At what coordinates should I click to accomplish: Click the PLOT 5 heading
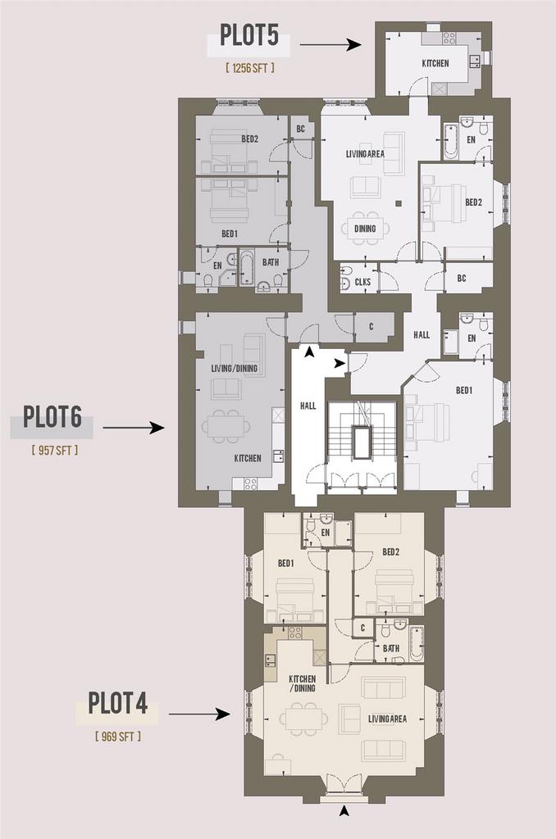(249, 36)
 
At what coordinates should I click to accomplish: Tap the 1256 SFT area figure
(250, 68)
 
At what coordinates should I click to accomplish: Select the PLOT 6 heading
(52, 417)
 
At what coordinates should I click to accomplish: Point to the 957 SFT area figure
(55, 450)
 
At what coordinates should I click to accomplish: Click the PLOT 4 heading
(117, 703)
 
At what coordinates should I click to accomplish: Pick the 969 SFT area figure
(118, 737)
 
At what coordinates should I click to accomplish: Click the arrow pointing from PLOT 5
(330, 44)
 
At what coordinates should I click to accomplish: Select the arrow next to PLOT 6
(134, 428)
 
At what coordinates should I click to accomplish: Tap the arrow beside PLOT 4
(199, 714)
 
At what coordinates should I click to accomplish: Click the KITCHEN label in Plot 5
(435, 63)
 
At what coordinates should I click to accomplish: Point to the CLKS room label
(362, 282)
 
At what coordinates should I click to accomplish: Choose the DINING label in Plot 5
(365, 229)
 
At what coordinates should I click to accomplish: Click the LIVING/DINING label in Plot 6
(234, 368)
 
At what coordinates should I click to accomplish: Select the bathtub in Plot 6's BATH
(246, 266)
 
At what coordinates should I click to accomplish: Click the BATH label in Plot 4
(391, 648)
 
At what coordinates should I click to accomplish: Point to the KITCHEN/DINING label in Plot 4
(302, 683)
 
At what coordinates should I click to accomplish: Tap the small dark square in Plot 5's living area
(399, 203)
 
